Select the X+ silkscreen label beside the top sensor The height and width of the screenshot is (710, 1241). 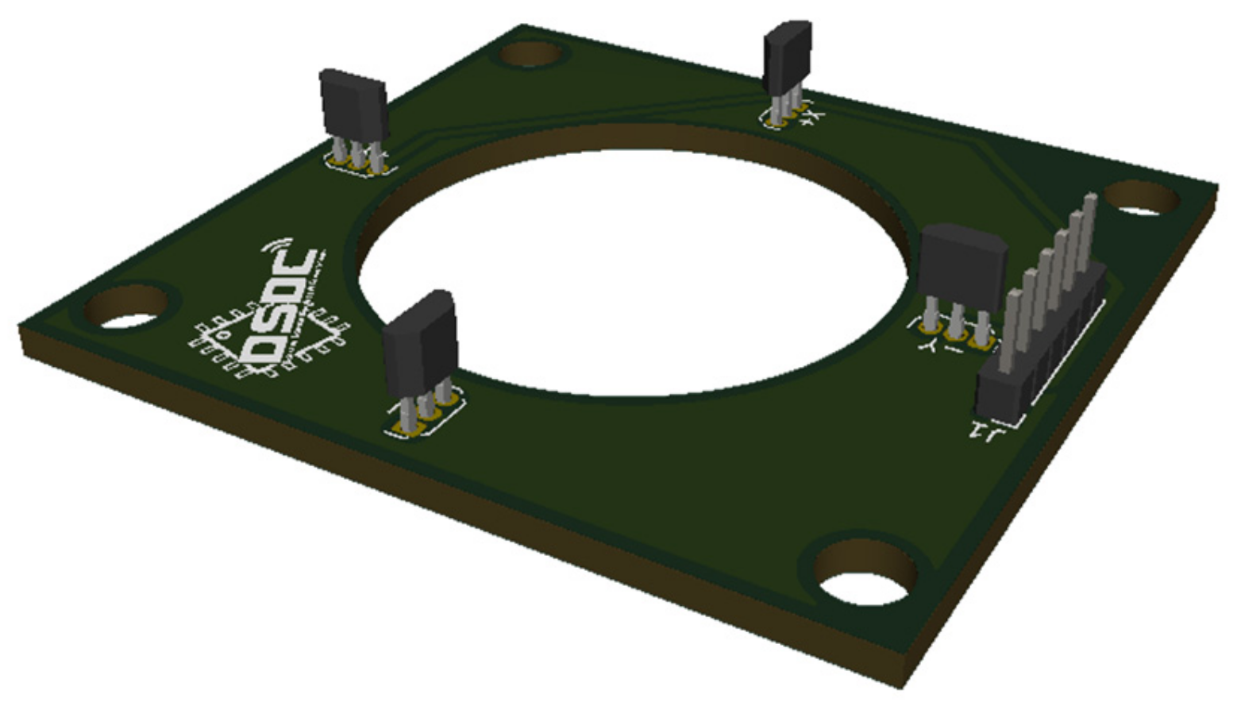pyautogui.click(x=812, y=118)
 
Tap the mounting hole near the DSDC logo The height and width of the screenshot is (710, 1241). pyautogui.click(x=127, y=310)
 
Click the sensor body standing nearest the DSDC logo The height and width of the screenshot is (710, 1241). pyautogui.click(x=419, y=341)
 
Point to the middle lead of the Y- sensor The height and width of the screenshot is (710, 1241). pyautogui.click(x=957, y=318)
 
